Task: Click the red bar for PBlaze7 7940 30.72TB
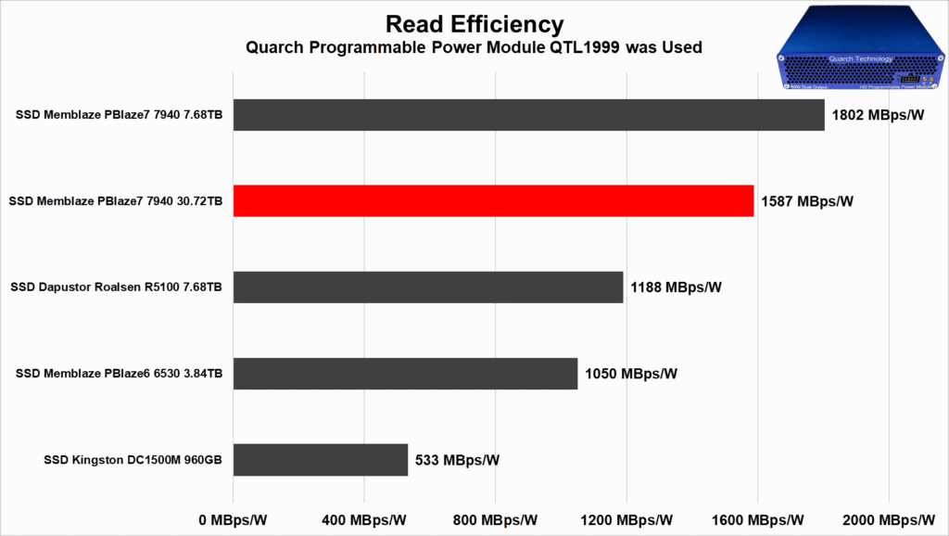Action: tap(493, 200)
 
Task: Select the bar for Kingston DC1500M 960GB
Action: tap(321, 459)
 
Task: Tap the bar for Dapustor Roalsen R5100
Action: tap(428, 287)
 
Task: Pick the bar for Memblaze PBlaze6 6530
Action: tap(405, 373)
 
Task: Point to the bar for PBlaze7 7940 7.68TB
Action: tap(528, 115)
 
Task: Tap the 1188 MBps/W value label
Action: tap(676, 287)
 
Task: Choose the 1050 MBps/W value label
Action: tap(631, 374)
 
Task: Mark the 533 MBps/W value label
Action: tap(457, 460)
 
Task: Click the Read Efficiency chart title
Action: tap(474, 23)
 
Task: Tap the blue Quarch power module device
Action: tap(861, 58)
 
